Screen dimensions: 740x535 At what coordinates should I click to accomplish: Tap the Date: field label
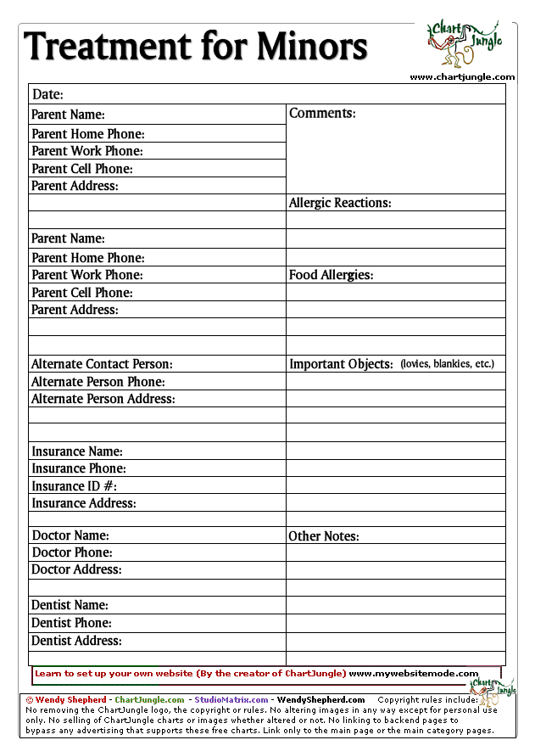coord(47,95)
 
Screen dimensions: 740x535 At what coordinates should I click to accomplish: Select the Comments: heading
coord(322,114)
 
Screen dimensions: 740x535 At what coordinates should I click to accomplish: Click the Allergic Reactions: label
coord(340,204)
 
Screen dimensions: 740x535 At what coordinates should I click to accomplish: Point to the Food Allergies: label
coord(331,276)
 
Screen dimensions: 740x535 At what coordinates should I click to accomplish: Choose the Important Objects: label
coord(341,365)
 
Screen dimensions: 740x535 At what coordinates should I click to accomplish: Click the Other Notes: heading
coord(323,536)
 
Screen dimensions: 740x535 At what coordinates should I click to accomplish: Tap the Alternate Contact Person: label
coord(102,365)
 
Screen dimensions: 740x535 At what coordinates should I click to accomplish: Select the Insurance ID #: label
coord(74,486)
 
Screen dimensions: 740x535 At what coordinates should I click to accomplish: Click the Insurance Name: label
coord(77,451)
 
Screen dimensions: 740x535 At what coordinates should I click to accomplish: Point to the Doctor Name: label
coord(70,536)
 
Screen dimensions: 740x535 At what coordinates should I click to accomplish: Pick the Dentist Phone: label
coord(71,623)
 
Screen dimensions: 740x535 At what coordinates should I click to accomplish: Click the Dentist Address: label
coord(76,641)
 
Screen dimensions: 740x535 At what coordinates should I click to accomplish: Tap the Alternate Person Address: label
coord(103,399)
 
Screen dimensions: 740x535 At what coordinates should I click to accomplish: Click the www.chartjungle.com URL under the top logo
coord(462,77)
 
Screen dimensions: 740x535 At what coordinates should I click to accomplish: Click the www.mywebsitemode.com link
coord(414,674)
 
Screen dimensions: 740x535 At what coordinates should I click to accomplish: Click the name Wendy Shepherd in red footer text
coord(72,700)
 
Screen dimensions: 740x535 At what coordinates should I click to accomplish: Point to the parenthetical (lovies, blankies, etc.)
coord(447,364)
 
